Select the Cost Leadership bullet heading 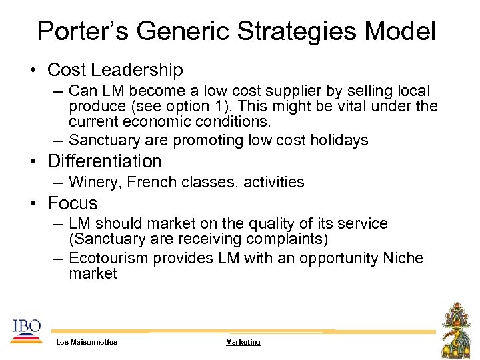(x=115, y=69)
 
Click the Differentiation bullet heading (x=105, y=161)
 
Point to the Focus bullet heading (x=73, y=203)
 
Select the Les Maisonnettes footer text (x=87, y=342)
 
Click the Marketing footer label (x=243, y=342)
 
